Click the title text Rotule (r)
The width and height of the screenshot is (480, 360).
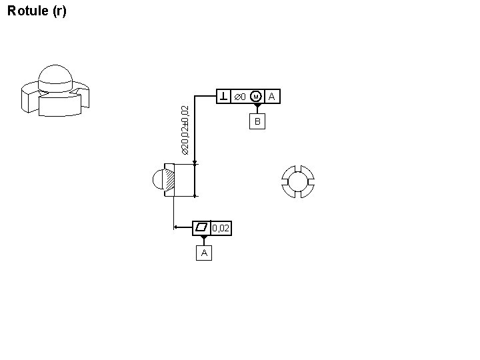click(x=36, y=11)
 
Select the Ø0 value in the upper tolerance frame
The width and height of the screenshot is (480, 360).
click(x=239, y=97)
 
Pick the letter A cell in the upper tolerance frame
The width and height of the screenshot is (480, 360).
click(x=271, y=97)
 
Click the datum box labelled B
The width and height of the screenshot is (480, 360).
click(x=257, y=121)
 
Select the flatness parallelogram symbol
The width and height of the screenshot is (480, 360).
click(x=201, y=227)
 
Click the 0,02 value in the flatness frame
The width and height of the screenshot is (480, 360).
click(x=221, y=228)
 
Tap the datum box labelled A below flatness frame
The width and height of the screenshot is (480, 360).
click(x=204, y=253)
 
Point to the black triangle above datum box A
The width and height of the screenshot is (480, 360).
click(x=204, y=239)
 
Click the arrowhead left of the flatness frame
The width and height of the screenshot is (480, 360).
click(x=176, y=227)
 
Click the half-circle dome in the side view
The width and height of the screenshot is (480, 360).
click(x=159, y=180)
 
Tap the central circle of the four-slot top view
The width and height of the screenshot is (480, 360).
click(x=297, y=181)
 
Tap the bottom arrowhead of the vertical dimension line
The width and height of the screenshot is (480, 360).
click(x=195, y=196)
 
